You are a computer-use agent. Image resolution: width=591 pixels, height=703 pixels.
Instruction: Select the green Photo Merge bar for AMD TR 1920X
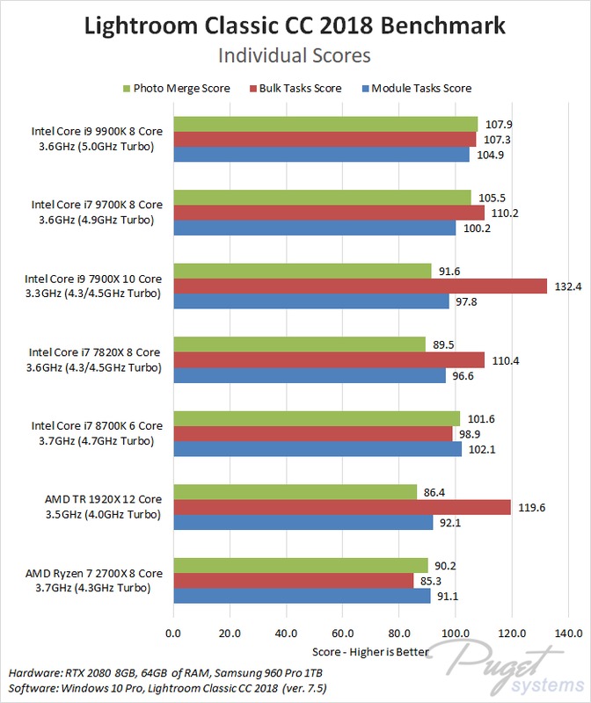(x=295, y=491)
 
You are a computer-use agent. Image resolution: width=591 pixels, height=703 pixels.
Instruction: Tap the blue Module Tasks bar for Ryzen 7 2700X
(x=302, y=595)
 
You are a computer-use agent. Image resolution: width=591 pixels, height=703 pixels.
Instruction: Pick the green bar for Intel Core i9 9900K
(x=325, y=124)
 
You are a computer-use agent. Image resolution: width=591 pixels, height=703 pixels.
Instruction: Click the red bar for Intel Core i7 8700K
(x=313, y=433)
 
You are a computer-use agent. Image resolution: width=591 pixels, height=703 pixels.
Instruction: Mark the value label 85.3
(x=430, y=580)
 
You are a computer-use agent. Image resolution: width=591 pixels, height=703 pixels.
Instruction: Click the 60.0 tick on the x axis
(x=343, y=633)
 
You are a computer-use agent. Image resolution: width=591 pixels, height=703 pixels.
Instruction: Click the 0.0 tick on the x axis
(x=173, y=633)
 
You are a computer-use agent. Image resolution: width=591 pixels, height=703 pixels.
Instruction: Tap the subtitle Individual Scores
(x=295, y=55)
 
